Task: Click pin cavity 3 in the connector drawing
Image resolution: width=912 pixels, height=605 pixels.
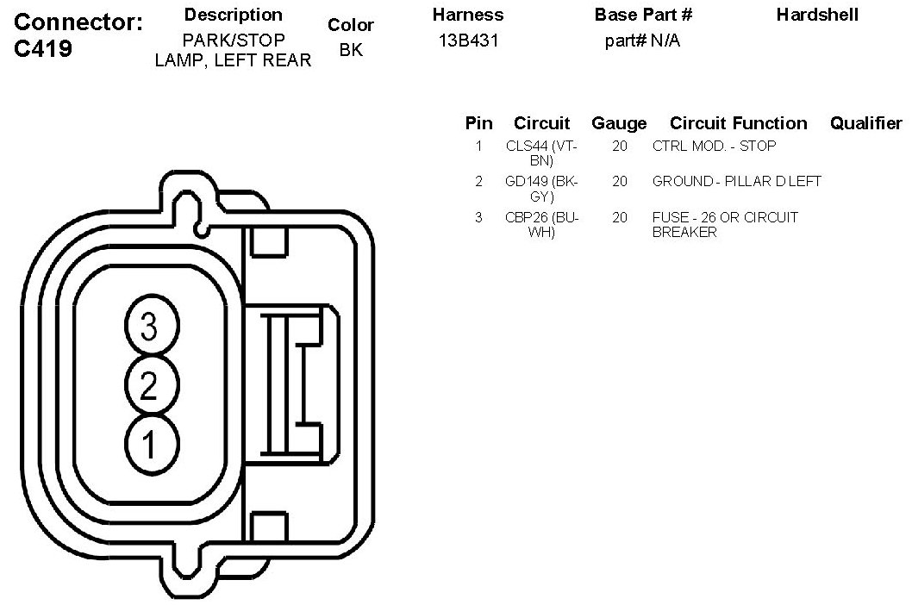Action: point(151,325)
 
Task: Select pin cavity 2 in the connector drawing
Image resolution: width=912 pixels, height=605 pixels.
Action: point(151,384)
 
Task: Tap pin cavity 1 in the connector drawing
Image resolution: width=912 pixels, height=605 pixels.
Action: point(151,445)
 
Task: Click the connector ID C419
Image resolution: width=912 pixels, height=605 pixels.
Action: point(43,49)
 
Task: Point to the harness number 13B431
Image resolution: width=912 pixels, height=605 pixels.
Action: point(468,41)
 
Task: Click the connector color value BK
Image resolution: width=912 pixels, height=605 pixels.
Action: point(351,50)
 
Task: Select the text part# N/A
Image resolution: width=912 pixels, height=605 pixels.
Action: point(642,41)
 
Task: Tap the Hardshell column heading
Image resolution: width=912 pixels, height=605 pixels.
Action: point(817,15)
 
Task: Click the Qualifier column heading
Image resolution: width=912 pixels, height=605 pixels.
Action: point(866,122)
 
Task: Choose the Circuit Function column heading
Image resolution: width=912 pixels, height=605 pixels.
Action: point(738,122)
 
